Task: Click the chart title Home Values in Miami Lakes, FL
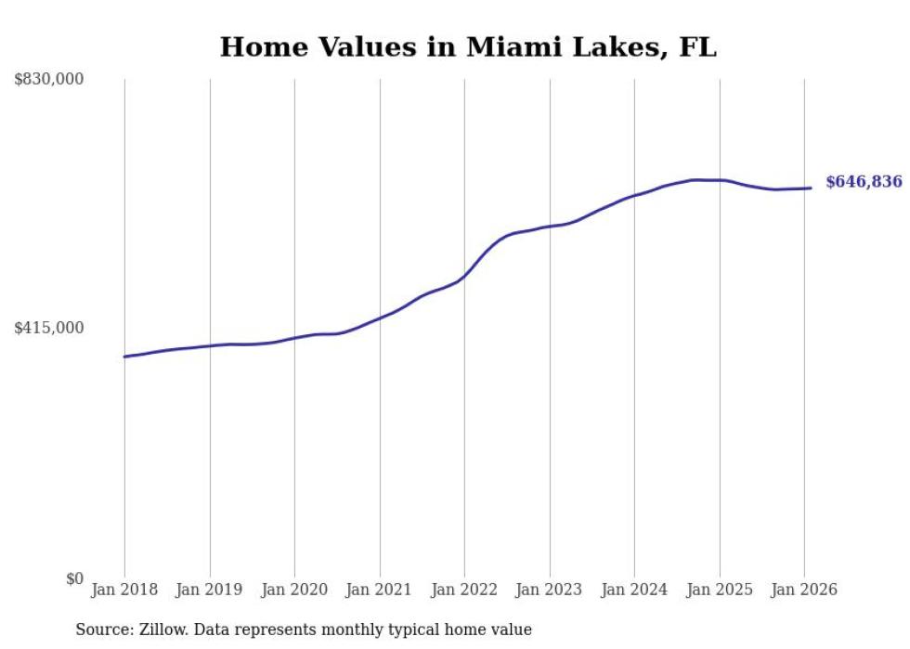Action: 468,47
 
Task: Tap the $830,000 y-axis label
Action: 49,80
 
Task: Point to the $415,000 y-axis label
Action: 49,328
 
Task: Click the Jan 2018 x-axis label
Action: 124,590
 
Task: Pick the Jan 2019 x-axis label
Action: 210,590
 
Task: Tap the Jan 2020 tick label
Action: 294,590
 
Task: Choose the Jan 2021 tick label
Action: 380,590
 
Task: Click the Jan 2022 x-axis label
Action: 464,590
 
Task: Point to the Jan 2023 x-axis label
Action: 550,590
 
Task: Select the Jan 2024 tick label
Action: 634,590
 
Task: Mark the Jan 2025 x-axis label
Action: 720,590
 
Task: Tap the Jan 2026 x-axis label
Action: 804,590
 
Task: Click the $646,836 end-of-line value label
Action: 863,182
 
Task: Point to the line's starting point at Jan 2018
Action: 124,357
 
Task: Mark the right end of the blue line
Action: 811,188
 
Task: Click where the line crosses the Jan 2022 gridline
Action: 464,276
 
